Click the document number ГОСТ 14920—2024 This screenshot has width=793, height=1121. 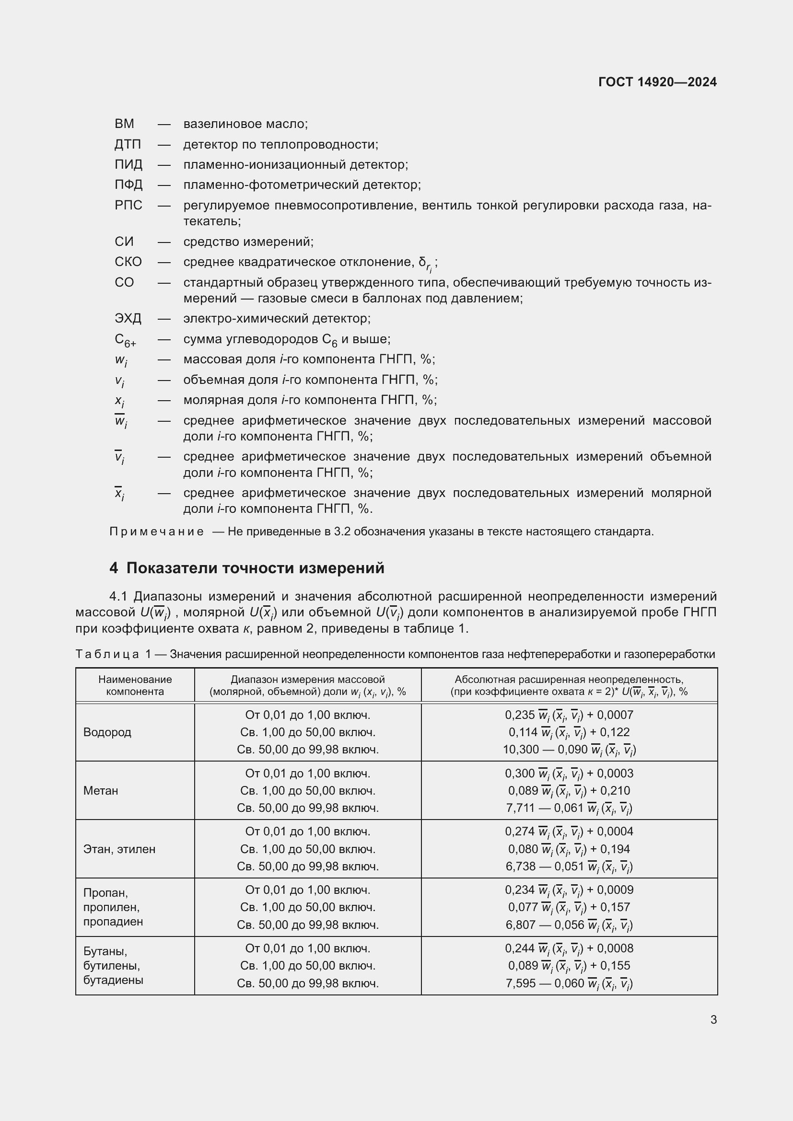click(x=657, y=82)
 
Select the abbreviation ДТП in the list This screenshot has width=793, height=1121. click(x=128, y=145)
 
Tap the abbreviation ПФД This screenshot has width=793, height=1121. click(x=128, y=185)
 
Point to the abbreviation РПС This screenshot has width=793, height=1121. click(x=128, y=205)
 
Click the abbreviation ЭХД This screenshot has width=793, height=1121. click(x=128, y=318)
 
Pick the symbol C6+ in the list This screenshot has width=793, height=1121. click(x=125, y=340)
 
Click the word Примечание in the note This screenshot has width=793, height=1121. click(x=156, y=532)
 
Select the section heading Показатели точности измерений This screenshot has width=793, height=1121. click(x=255, y=568)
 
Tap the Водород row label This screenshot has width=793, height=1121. click(x=107, y=732)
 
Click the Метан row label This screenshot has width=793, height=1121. click(x=101, y=790)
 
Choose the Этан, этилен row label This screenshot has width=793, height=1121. click(x=119, y=849)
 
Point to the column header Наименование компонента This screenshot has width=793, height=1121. click(x=135, y=685)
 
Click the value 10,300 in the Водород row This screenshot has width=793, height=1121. click(x=521, y=750)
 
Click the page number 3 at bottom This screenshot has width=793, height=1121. click(x=713, y=1020)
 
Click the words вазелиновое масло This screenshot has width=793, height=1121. click(x=245, y=124)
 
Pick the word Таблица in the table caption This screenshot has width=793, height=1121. click(x=107, y=654)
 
